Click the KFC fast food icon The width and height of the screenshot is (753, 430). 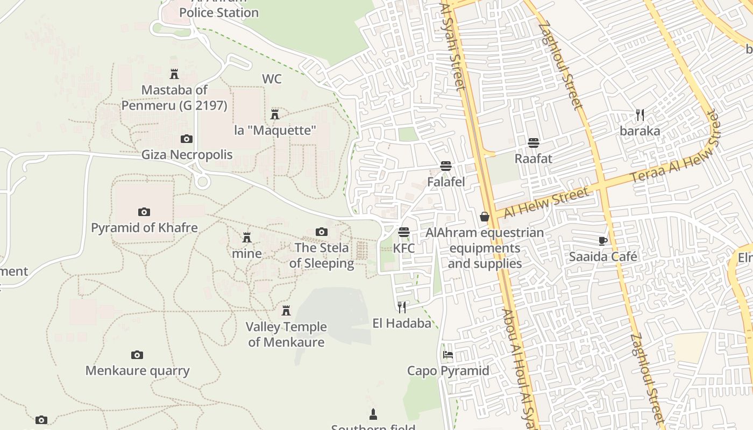pyautogui.click(x=404, y=232)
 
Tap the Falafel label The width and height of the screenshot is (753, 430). pyautogui.click(x=446, y=182)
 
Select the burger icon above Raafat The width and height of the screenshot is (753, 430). pyautogui.click(x=534, y=143)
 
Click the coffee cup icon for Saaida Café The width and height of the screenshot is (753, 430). pyautogui.click(x=603, y=241)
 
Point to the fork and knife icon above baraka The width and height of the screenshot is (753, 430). pyautogui.click(x=640, y=115)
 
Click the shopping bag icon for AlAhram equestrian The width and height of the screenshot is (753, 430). pyautogui.click(x=485, y=217)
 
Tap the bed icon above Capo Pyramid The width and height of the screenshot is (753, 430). pyautogui.click(x=447, y=355)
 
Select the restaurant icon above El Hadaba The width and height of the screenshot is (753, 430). pyautogui.click(x=402, y=307)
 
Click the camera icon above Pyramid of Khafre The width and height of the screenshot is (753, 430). pyautogui.click(x=144, y=212)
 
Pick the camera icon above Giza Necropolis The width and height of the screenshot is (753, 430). pyautogui.click(x=187, y=139)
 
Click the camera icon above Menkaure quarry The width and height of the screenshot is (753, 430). pyautogui.click(x=137, y=355)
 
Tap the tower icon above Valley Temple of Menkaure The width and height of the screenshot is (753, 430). pyautogui.click(x=286, y=311)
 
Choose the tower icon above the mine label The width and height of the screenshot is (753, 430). pyautogui.click(x=247, y=237)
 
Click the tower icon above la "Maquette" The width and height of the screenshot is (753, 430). pyautogui.click(x=275, y=114)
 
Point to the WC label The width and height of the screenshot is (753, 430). pyautogui.click(x=272, y=79)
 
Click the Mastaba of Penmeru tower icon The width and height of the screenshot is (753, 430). pyautogui.click(x=174, y=74)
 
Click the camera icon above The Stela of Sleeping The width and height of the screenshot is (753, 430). pyautogui.click(x=322, y=232)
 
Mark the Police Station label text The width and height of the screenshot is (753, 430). pyautogui.click(x=219, y=12)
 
